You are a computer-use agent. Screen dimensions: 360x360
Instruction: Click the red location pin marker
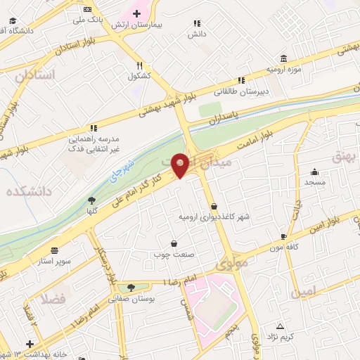(x=180, y=165)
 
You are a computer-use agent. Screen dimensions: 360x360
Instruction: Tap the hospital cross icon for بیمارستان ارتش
(x=136, y=14)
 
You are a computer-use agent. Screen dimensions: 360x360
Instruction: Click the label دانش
(x=195, y=33)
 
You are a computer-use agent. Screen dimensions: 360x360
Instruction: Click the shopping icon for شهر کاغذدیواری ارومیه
(x=214, y=206)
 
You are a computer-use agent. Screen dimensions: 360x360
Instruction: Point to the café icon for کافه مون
(x=283, y=237)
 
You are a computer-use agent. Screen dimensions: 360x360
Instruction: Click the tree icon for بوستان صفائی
(x=130, y=288)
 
